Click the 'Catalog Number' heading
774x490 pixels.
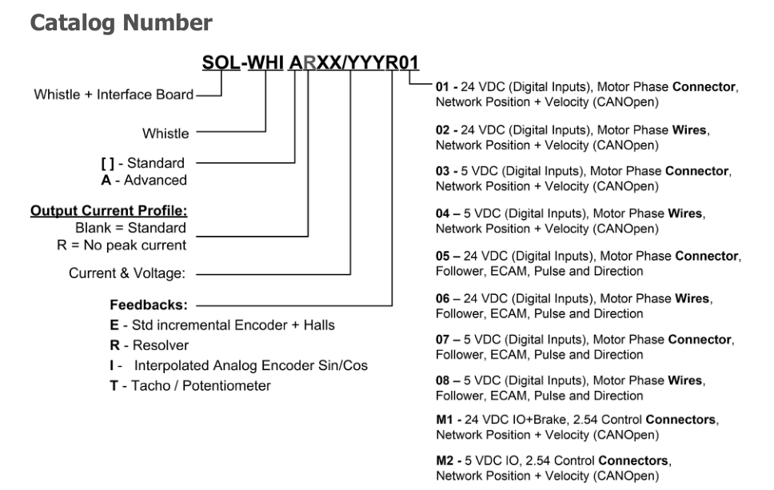tap(121, 23)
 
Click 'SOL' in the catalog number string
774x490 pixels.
tap(221, 62)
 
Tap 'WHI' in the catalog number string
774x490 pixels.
tap(265, 62)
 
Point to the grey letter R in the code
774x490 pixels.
tap(309, 62)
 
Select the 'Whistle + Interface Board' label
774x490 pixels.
tap(114, 94)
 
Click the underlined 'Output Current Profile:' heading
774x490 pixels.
tap(109, 211)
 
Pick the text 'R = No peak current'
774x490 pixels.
tap(122, 245)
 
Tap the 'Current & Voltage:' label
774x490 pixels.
tap(127, 273)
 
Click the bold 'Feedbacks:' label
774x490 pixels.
tap(149, 305)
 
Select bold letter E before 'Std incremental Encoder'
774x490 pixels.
tap(114, 325)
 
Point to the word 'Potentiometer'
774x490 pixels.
tap(226, 386)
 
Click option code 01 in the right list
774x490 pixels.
tap(442, 87)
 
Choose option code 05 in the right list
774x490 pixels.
tap(443, 256)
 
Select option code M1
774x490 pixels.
tap(445, 420)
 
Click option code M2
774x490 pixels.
tap(445, 461)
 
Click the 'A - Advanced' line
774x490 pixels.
tap(144, 181)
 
